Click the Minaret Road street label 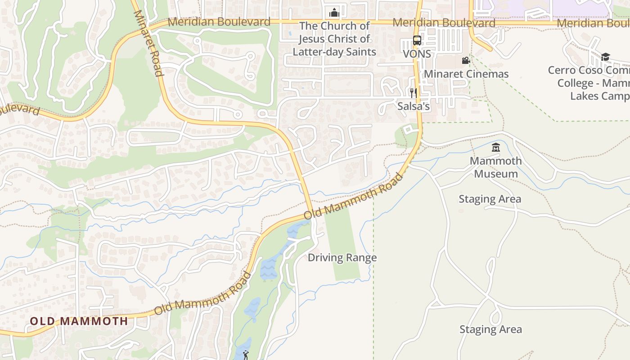coord(147,43)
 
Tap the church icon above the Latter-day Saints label coord(334,12)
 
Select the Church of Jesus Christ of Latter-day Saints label coord(334,39)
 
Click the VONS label coord(417,54)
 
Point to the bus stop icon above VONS coord(417,40)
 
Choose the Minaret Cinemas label coord(466,74)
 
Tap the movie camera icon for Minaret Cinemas coord(466,60)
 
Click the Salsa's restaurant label coord(414,107)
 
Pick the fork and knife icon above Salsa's coord(413,93)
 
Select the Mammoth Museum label coord(496,167)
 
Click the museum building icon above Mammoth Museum coord(496,147)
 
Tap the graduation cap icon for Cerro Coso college coord(605,57)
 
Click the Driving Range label coord(342,258)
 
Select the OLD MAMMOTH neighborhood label coord(79,321)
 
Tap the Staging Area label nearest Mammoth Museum coord(490,199)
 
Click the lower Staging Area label coord(490,329)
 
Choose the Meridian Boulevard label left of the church coord(219,22)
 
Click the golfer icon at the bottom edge coord(245,355)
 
